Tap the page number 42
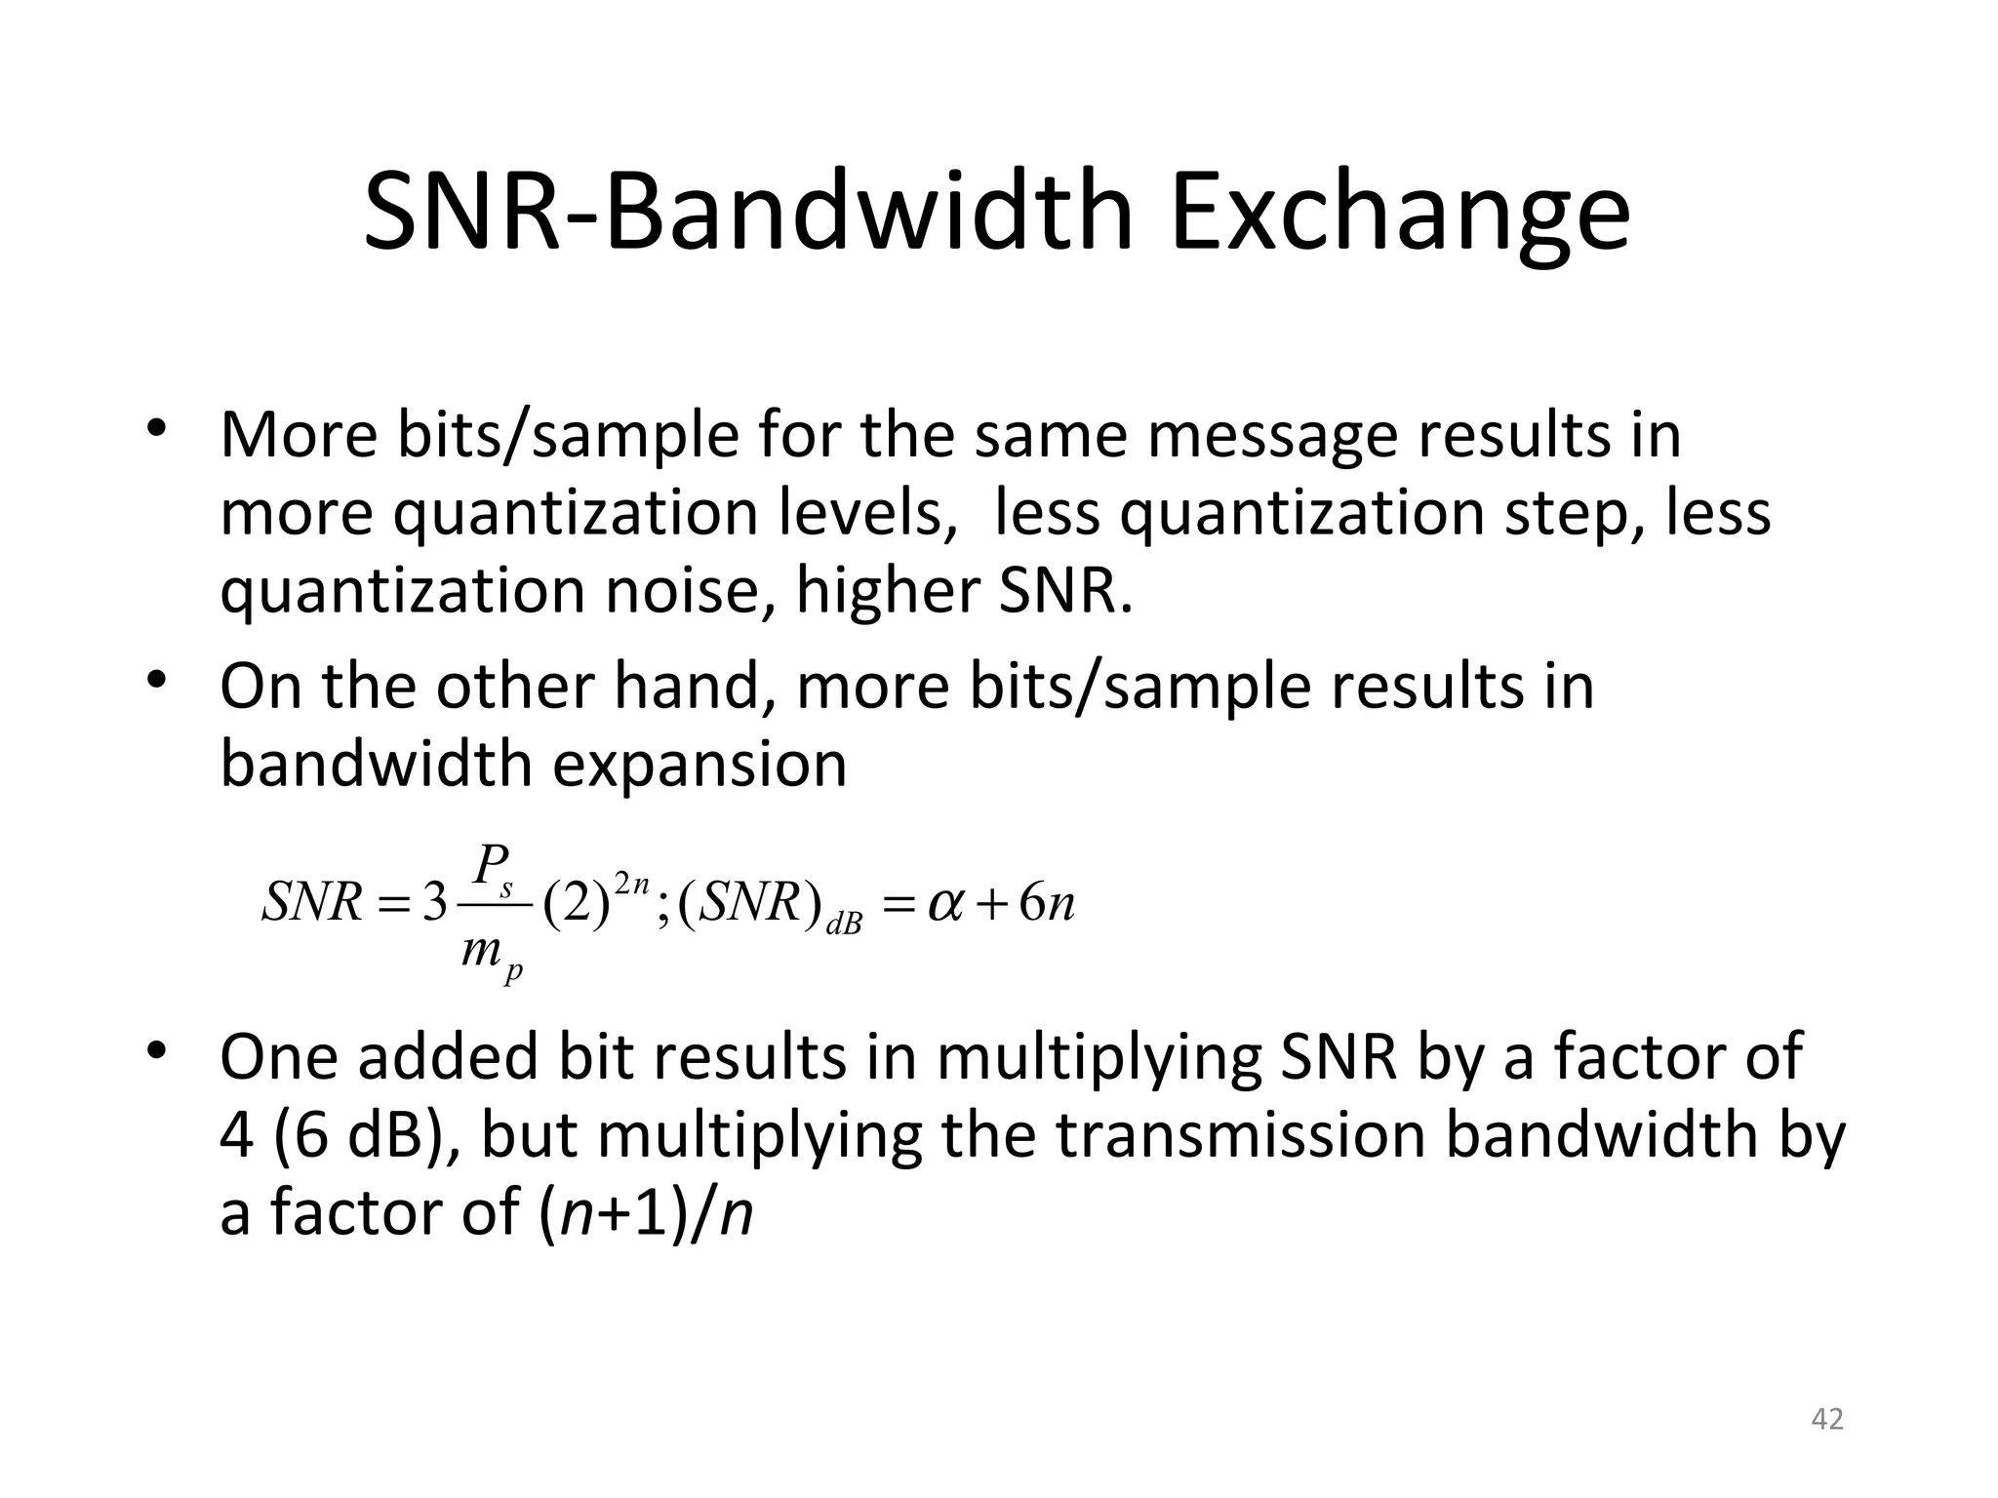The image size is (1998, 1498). click(x=1826, y=1419)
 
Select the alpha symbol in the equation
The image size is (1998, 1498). click(x=945, y=903)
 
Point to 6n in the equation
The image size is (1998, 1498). click(x=1046, y=903)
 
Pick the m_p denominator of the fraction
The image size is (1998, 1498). click(x=492, y=952)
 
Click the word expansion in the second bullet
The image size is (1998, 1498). click(x=699, y=765)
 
